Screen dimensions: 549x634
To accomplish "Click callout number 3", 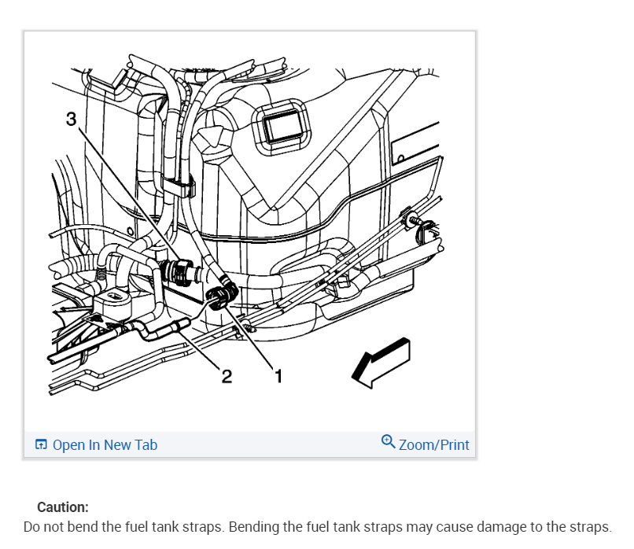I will [71, 119].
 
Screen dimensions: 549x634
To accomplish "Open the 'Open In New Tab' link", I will [105, 445].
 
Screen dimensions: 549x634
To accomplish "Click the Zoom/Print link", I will [433, 445].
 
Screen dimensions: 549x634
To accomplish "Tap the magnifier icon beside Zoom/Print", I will [388, 442].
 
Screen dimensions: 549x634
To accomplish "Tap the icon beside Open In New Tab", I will [42, 445].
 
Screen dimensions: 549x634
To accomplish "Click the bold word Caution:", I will [63, 507].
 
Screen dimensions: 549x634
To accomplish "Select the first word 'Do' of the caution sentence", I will [31, 526].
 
